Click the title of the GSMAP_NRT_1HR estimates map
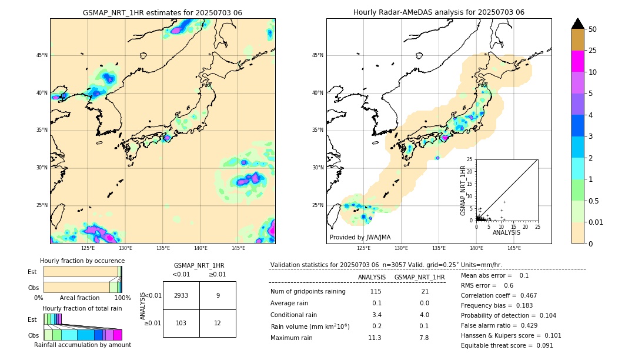[162, 12]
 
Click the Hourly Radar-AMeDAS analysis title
[439, 12]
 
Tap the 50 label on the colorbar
[593, 29]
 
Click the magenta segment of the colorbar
[577, 61]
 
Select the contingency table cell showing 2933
[181, 295]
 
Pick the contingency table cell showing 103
[181, 324]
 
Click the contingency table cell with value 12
[218, 324]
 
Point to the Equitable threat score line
[507, 345]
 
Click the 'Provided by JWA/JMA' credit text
[360, 238]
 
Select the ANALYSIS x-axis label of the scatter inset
[506, 232]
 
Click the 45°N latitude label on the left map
[42, 55]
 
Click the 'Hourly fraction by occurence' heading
[82, 261]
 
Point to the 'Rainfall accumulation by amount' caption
[82, 345]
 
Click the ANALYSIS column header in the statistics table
[372, 277]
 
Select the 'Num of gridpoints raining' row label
[308, 292]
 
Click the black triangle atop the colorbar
[577, 24]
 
